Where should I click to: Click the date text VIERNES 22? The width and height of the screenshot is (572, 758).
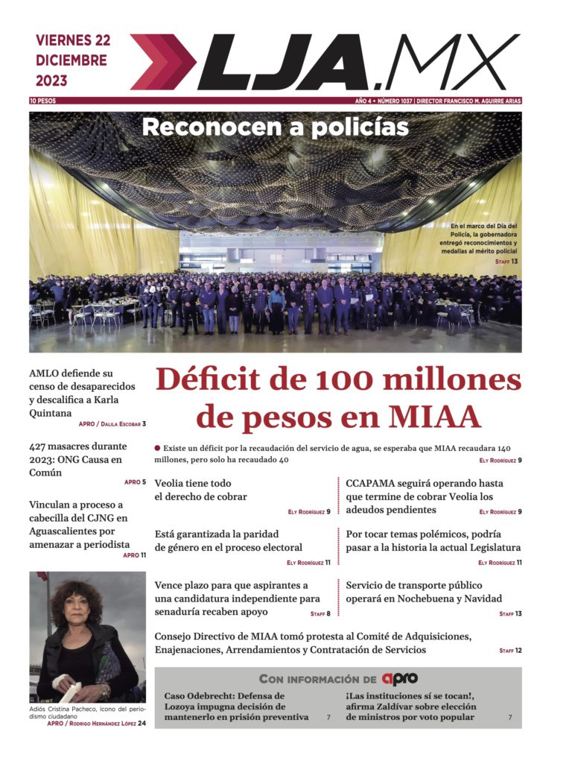[72, 40]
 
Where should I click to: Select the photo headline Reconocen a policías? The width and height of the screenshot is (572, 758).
[275, 127]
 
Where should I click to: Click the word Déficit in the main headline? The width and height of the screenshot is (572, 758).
[227, 381]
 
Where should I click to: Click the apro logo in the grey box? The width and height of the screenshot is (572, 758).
[399, 679]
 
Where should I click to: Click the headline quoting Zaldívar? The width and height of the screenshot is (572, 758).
[410, 706]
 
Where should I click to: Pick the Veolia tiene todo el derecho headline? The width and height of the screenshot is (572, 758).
[200, 490]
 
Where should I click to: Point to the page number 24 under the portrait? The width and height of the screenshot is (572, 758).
[142, 723]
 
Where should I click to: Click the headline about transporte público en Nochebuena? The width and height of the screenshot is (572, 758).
[424, 592]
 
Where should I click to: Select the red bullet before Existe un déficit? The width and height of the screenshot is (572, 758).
[157, 448]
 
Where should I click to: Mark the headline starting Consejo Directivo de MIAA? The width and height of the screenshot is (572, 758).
[313, 642]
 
